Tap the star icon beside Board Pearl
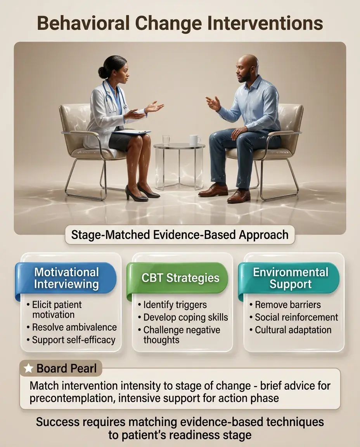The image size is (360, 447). coord(28,368)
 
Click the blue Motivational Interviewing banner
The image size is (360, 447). coord(66,279)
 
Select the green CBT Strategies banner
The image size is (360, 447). coord(178,279)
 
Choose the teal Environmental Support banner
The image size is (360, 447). coord(289,279)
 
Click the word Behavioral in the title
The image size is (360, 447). coord(83,23)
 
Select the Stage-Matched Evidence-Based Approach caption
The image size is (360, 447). coord(180,235)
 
